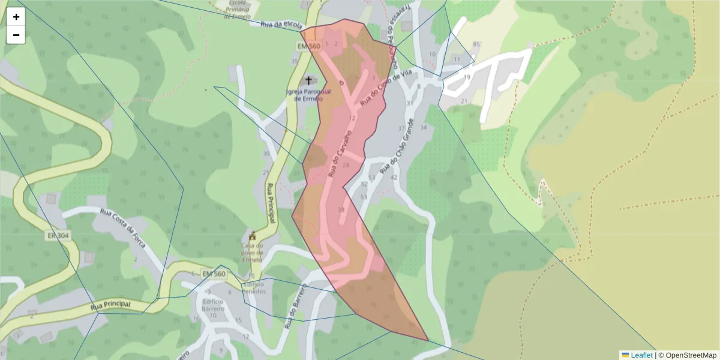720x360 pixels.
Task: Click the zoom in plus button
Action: coord(16,17)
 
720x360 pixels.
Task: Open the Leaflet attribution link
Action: coord(641,355)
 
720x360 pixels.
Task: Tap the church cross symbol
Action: coord(310,80)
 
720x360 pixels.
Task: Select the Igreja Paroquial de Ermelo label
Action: coord(310,95)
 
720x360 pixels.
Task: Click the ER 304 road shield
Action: coord(58,236)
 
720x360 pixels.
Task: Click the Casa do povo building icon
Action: coord(253,235)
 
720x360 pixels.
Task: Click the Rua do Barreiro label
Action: coord(295,307)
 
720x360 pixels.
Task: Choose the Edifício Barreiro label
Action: coord(213,305)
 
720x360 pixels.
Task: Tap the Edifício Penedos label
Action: coord(253,287)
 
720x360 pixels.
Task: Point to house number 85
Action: coord(477,44)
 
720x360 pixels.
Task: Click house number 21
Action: coord(463,101)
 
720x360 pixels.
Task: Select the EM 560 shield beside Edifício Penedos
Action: coord(214,274)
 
